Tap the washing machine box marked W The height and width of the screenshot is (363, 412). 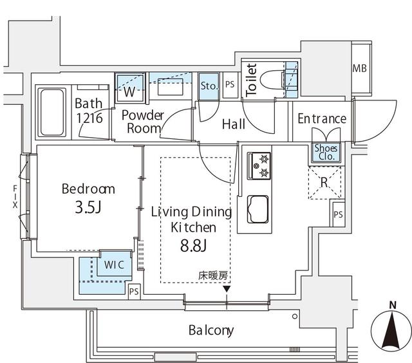click(x=130, y=91)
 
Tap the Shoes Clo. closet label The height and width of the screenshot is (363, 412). click(x=324, y=152)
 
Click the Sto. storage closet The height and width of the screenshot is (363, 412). click(x=209, y=86)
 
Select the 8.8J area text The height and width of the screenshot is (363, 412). click(x=193, y=246)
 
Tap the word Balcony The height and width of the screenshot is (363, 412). click(x=211, y=331)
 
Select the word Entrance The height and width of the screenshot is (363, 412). click(x=322, y=118)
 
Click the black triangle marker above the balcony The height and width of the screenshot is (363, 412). click(x=226, y=289)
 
